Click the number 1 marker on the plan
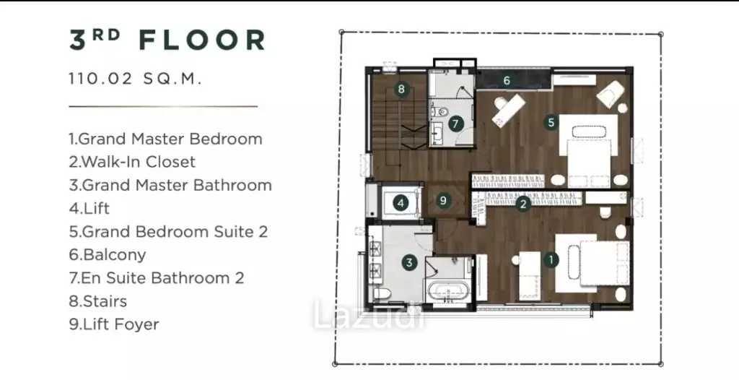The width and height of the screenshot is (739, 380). pos(551,259)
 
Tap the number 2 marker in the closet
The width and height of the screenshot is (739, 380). pos(523,204)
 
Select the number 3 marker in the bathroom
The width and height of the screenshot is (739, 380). pos(410,263)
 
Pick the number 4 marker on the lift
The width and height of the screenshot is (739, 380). pos(401,204)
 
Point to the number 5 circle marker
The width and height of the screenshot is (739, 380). pos(551,123)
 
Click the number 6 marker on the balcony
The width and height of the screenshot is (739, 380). pos(507,80)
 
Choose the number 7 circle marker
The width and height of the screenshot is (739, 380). pos(455,124)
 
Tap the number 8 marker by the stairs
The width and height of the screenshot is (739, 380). pos(401,89)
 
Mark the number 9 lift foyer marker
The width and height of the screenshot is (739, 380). pos(443,200)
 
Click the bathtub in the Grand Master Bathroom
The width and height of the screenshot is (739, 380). pos(448,291)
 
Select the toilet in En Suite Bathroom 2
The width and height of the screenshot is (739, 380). pos(441,112)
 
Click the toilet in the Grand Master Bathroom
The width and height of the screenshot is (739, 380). pos(382,294)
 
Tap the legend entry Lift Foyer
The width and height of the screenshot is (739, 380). pos(114,324)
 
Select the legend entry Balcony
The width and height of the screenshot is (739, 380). pos(108,255)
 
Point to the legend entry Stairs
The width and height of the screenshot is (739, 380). pos(98,301)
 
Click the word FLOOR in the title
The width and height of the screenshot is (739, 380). pos(203,40)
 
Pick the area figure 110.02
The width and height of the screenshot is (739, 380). pos(101,78)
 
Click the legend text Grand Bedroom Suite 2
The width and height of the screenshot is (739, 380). pos(168,232)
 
